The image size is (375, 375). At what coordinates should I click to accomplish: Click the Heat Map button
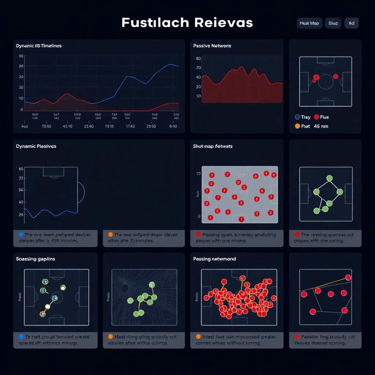tap(309, 23)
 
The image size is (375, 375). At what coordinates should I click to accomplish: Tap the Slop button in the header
tap(333, 23)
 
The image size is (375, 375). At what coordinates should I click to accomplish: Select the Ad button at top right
tap(352, 23)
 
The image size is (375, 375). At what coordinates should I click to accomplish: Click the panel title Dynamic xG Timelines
tap(39, 46)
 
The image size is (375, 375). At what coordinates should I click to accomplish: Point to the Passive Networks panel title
tap(212, 46)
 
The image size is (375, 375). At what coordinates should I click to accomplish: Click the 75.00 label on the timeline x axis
tap(47, 126)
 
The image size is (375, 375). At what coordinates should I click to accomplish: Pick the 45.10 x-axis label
tap(67, 126)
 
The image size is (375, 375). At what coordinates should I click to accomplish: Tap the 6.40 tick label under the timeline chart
tap(173, 126)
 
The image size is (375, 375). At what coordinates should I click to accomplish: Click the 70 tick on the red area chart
tap(198, 68)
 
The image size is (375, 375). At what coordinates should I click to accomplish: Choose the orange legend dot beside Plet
tap(297, 126)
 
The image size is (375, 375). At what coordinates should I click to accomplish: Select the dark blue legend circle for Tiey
tap(297, 117)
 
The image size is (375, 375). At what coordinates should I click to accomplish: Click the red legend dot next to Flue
tap(316, 117)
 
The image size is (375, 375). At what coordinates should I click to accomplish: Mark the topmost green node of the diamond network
tap(329, 178)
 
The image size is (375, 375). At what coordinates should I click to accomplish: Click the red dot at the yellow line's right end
tap(348, 278)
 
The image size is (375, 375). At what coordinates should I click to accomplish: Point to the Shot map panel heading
tap(213, 146)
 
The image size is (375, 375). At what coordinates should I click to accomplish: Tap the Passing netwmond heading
tap(215, 259)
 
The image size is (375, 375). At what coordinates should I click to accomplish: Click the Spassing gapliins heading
tap(36, 259)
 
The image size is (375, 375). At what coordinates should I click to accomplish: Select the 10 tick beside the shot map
tap(198, 173)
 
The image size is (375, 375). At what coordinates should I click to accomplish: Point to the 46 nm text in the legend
tap(321, 126)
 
